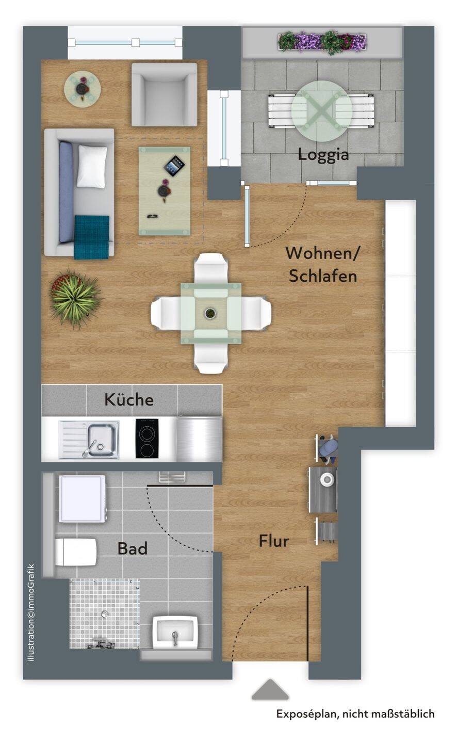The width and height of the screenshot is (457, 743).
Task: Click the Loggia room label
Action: coord(323,155)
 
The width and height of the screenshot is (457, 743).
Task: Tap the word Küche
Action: coord(129,399)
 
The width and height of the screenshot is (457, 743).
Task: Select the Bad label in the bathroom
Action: coord(133,548)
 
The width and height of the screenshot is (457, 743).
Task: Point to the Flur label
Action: coord(273,541)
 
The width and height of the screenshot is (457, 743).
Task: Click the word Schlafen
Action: coord(323,276)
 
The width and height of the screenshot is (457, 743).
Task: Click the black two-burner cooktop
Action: coord(147,438)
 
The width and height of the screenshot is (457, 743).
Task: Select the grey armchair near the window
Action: coord(164,94)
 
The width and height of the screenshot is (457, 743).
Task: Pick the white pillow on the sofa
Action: coord(92,166)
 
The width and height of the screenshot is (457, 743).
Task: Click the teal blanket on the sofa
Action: coord(92,237)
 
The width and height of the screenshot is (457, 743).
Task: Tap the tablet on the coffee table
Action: coord(174,166)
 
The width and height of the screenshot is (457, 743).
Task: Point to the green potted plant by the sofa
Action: coord(75,299)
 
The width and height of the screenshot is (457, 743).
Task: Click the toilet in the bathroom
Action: coord(76,552)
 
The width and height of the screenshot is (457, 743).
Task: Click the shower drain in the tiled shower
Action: coord(105,614)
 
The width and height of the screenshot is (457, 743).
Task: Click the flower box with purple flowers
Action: coord(322,42)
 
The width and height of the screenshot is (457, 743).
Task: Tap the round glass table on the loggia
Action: coord(322,111)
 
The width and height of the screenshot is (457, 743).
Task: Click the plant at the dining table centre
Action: coord(209,313)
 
